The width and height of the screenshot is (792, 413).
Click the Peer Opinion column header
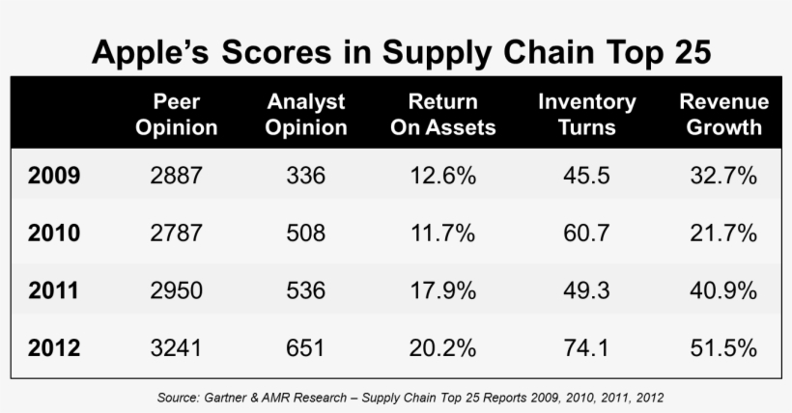coord(177,114)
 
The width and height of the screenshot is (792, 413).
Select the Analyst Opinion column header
coord(305,114)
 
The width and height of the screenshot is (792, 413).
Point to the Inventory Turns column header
coord(586,114)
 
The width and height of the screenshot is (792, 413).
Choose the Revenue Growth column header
coord(723,114)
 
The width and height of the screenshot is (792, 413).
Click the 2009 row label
coord(54,177)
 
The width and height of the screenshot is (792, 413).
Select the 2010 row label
coord(54,233)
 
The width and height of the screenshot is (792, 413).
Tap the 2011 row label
coord(54,289)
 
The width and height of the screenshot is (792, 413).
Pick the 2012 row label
coord(54,346)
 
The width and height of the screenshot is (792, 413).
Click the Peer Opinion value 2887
coord(177,177)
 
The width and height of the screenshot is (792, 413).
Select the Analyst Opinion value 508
coord(305,233)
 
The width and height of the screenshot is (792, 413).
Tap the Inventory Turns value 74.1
coord(586,346)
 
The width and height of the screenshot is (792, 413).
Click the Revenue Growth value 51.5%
coord(723,346)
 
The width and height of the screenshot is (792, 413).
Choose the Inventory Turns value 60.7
coord(586,233)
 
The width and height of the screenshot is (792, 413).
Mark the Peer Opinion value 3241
coord(177,346)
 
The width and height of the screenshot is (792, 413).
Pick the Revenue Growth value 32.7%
coord(723,177)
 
